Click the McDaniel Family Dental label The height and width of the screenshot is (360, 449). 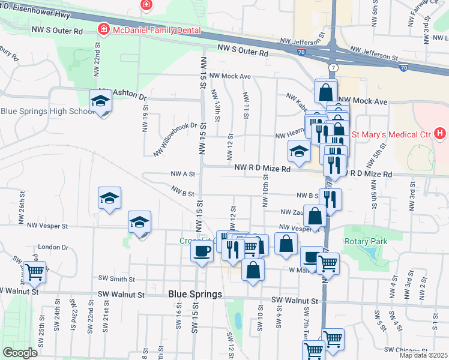155,29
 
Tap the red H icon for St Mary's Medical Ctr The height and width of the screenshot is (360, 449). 441,133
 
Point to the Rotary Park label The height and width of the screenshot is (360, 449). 366,241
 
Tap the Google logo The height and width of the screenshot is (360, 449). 19,353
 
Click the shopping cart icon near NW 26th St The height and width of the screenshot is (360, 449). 34,272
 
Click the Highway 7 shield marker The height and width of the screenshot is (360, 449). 332,67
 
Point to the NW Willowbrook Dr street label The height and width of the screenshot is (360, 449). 175,139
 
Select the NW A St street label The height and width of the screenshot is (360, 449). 183,173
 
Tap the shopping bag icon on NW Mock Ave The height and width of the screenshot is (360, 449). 325,92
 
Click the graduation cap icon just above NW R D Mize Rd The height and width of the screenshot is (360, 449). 298,152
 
